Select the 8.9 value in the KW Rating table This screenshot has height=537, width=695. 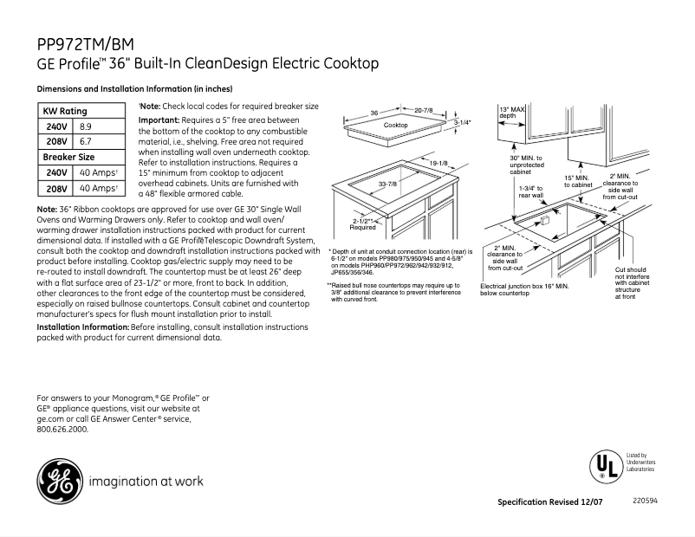click(x=85, y=126)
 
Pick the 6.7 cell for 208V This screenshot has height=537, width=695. click(x=85, y=141)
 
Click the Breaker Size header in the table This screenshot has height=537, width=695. click(x=68, y=157)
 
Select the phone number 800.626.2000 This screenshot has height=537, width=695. click(x=62, y=429)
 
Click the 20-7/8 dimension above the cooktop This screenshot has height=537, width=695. click(x=423, y=111)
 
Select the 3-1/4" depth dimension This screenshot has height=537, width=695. click(x=462, y=123)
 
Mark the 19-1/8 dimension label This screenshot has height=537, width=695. click(x=438, y=163)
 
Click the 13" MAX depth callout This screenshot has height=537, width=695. click(x=511, y=112)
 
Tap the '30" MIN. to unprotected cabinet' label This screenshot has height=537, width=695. click(x=525, y=165)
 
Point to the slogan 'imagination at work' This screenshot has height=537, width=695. click(x=146, y=481)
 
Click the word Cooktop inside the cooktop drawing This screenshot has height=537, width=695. click(x=395, y=126)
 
